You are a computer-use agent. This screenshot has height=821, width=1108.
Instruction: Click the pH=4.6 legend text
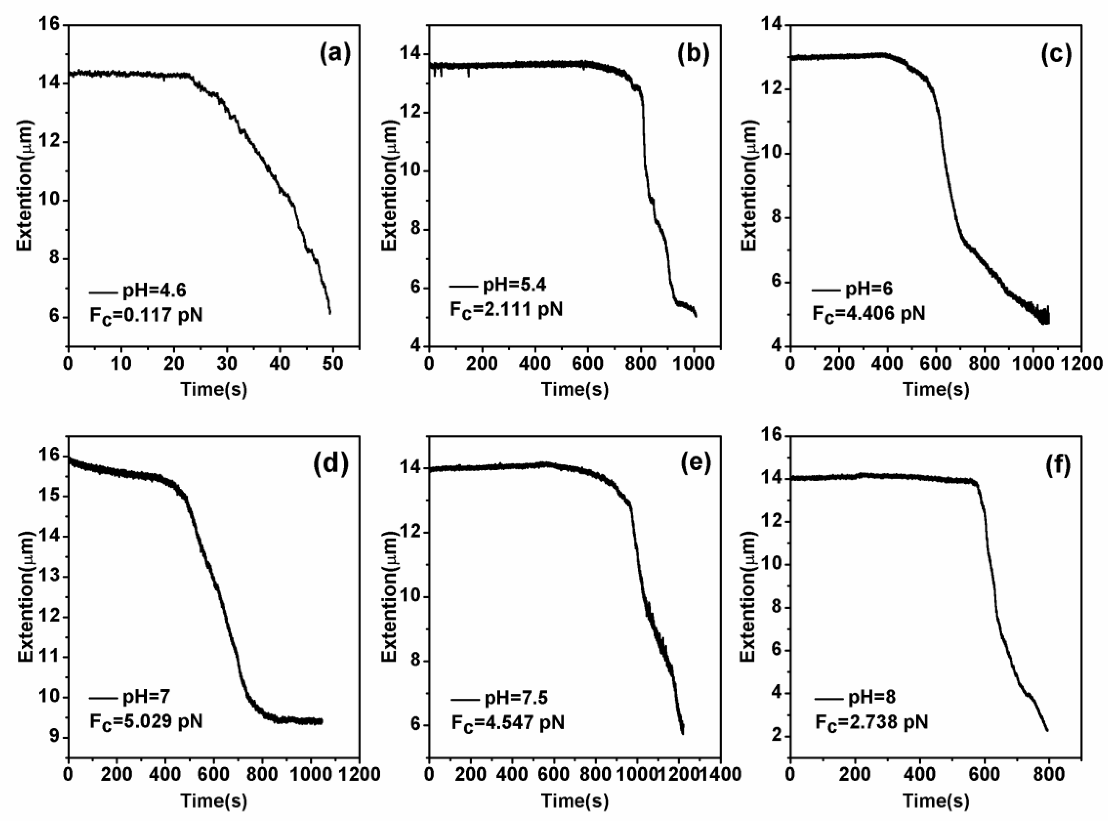(x=154, y=290)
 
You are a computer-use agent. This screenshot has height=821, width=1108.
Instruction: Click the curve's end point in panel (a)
(x=330, y=313)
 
